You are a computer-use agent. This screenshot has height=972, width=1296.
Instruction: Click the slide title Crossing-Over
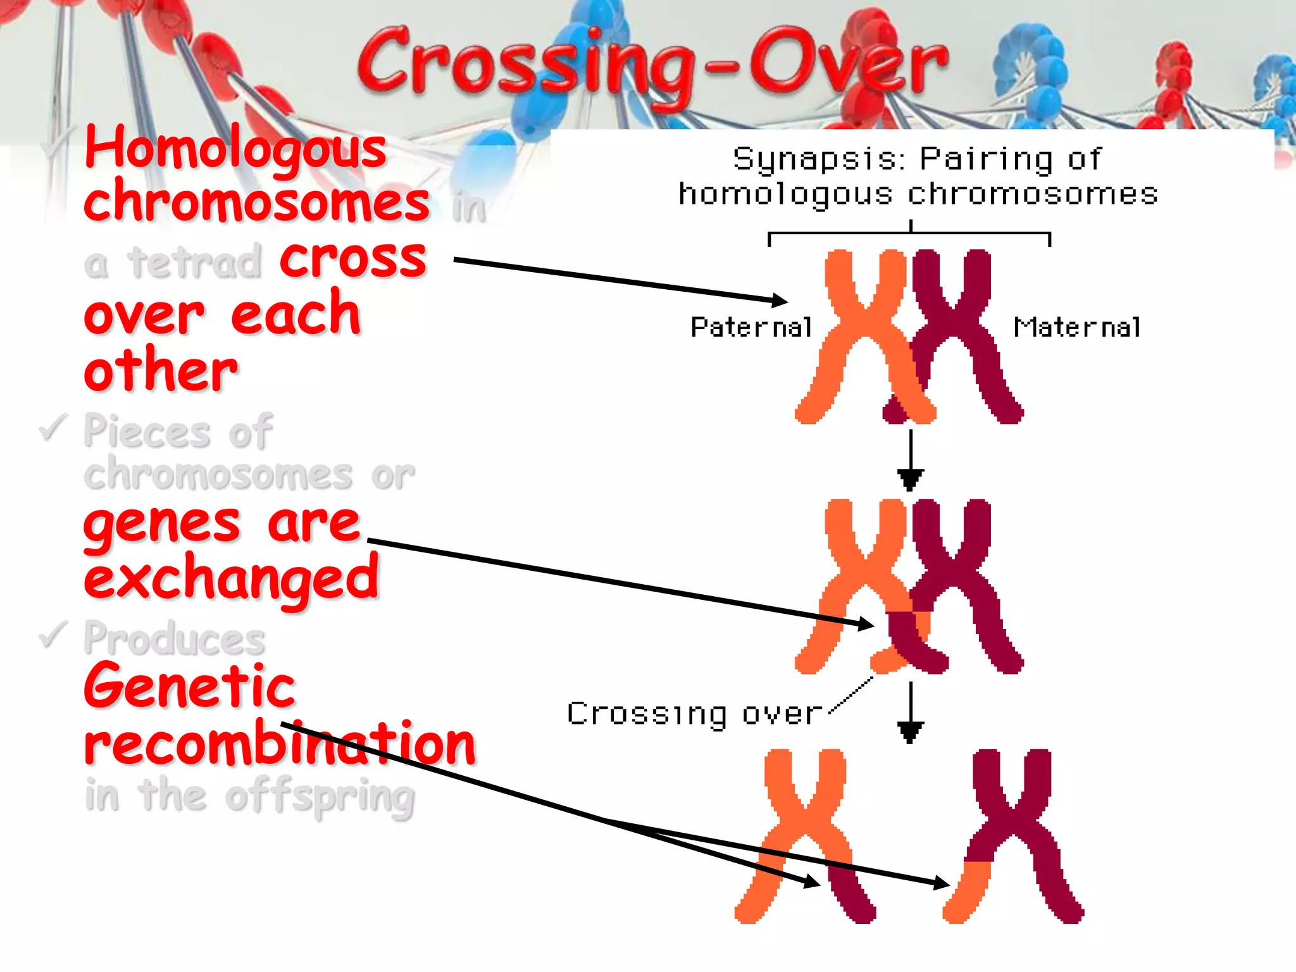652,63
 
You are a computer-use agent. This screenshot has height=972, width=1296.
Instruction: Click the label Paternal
751,327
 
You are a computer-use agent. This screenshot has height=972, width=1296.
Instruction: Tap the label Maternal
1077,327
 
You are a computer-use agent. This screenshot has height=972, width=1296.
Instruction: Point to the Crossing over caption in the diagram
694,714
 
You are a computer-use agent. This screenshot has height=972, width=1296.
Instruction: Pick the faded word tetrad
195,262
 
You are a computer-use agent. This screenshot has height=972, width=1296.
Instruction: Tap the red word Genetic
190,687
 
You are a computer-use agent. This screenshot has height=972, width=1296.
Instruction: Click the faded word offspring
320,797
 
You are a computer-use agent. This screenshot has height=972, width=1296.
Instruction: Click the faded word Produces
175,639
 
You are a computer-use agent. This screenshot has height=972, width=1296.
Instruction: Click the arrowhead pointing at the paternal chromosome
779,300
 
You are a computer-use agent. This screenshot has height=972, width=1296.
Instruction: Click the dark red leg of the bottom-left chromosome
851,892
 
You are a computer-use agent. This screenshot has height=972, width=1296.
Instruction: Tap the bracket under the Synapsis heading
909,235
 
